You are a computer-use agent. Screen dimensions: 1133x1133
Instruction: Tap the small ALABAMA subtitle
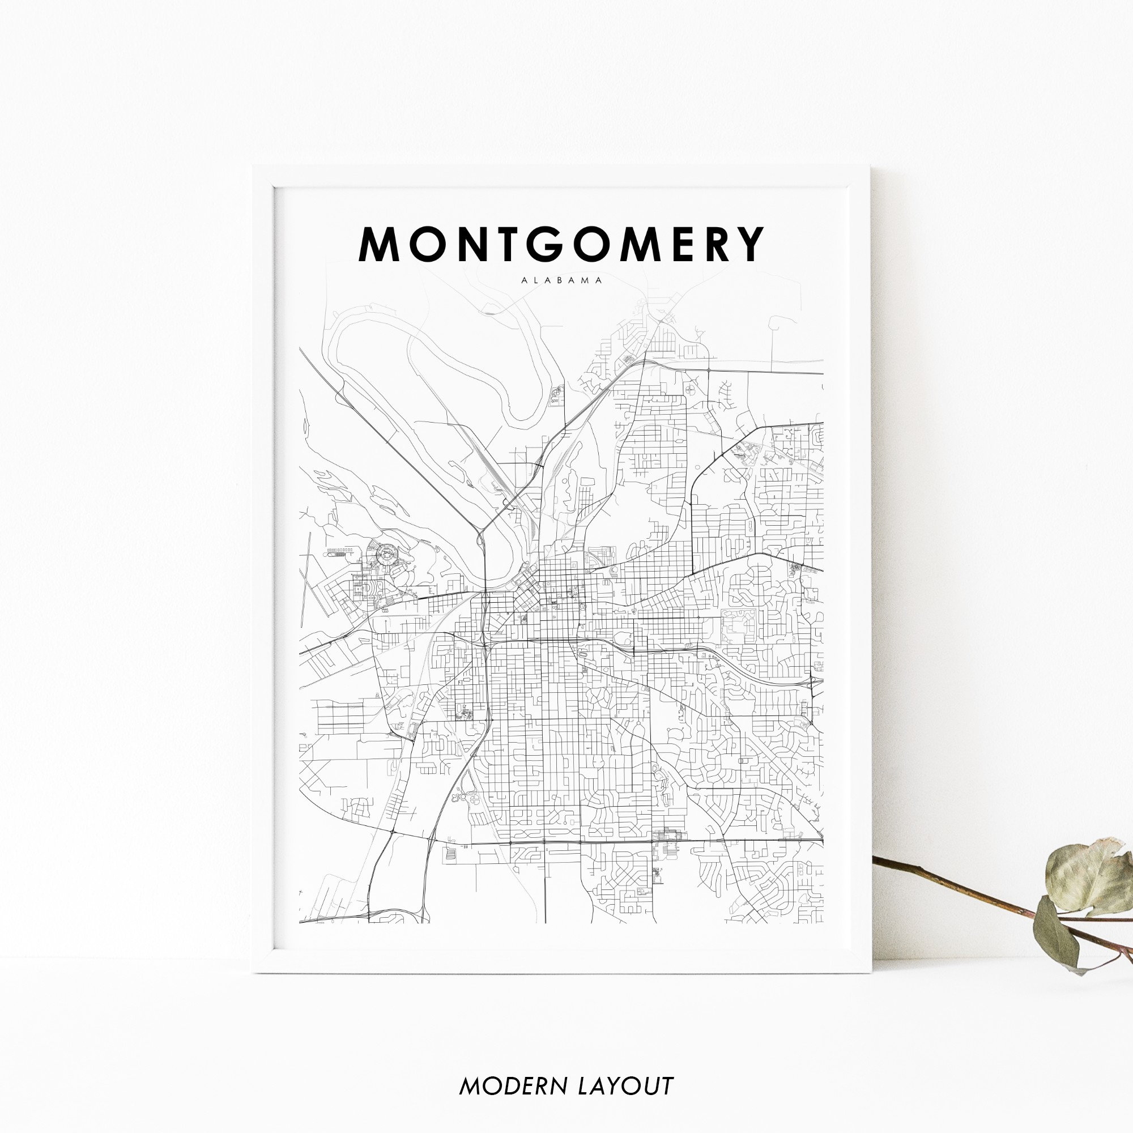point(561,280)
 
